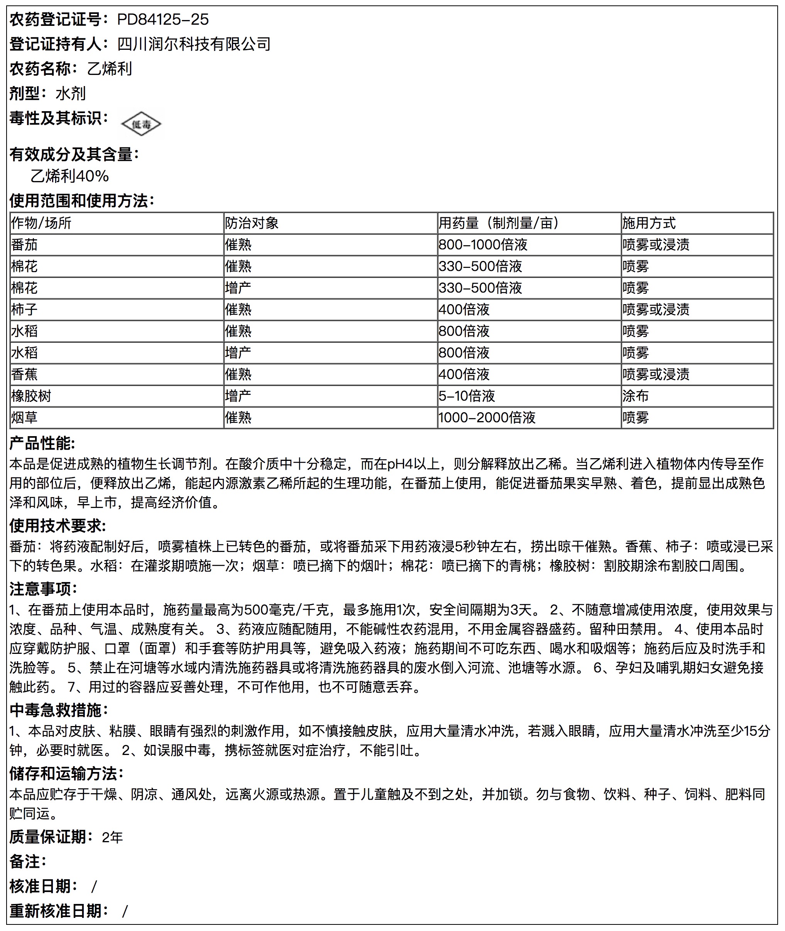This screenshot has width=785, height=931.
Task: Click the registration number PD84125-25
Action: coord(162,19)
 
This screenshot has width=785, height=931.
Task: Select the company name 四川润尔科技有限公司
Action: coord(194,44)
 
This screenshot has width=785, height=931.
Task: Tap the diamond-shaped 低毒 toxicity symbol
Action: coord(141,124)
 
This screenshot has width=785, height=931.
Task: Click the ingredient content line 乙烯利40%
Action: coord(69,176)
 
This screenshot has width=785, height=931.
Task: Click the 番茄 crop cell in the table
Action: coord(24,245)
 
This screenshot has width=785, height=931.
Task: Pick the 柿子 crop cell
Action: coord(24,309)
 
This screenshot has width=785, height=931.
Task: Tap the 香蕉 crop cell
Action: coord(24,374)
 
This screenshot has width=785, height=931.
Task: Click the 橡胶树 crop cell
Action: coord(31,396)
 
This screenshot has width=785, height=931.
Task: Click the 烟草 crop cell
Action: coord(24,417)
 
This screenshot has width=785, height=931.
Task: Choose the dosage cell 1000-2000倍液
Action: coord(486,417)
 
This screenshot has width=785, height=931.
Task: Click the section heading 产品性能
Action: coord(42,443)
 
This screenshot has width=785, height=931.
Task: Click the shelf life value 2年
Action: coord(112,838)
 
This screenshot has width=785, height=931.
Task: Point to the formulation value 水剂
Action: coord(70,93)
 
